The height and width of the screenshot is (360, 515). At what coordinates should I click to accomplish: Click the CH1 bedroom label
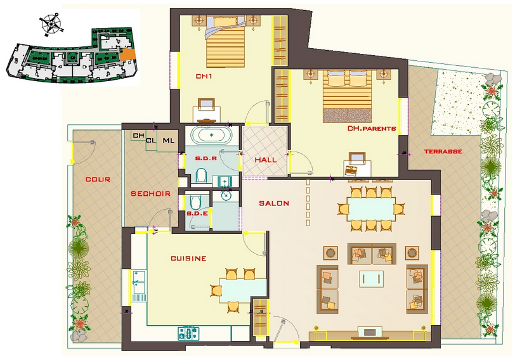point(204,76)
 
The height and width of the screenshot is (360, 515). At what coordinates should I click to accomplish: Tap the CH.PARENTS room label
point(372,128)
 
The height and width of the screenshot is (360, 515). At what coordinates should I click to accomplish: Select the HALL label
point(266,160)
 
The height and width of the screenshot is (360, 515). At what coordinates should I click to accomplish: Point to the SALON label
point(274,203)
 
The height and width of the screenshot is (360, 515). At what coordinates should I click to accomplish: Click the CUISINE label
point(188,259)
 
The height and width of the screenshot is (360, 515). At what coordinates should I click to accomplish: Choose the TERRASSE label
point(443,151)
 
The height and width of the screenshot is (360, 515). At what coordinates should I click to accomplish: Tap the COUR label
point(98,179)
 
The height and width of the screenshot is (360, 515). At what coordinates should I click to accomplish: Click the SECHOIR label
point(151,193)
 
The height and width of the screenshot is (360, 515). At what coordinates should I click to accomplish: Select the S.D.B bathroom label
point(206,158)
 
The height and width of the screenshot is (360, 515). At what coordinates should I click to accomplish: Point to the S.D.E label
point(197,214)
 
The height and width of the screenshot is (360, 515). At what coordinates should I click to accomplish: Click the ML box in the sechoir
point(169,141)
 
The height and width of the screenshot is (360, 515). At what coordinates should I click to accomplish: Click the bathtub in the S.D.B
point(212,135)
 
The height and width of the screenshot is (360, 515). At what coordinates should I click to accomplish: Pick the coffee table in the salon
point(372,279)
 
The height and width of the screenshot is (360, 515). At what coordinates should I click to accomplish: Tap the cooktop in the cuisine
point(188,333)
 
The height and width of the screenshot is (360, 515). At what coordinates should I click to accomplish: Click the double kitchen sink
point(140,282)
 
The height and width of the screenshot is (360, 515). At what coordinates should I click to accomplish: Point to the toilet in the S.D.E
point(196,203)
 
